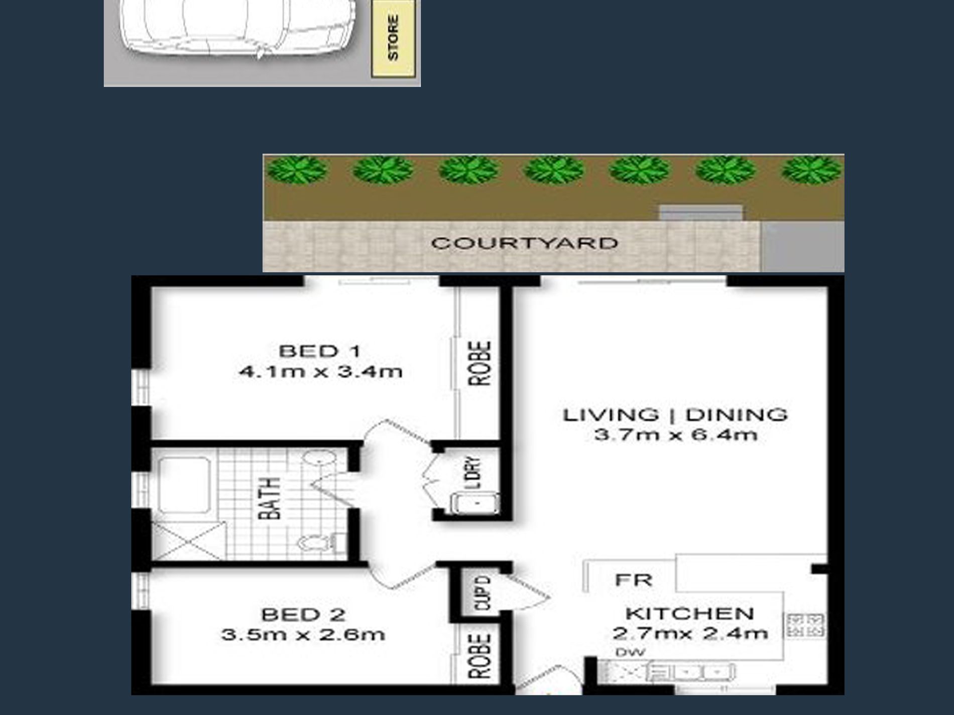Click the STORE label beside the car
(x=393, y=38)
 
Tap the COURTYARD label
(x=524, y=243)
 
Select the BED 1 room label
(x=320, y=351)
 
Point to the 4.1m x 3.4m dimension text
(x=320, y=372)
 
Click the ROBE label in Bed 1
(x=480, y=363)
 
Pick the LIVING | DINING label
(x=675, y=415)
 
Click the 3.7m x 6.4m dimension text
(x=676, y=435)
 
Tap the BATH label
(x=269, y=498)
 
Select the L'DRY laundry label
(x=473, y=472)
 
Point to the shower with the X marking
(x=189, y=541)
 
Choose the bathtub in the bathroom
(x=184, y=485)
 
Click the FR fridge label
(x=634, y=580)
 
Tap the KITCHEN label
(x=689, y=613)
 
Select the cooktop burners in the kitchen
(x=805, y=625)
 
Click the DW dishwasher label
(x=630, y=652)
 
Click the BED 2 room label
(x=303, y=614)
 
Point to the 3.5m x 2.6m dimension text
(x=303, y=635)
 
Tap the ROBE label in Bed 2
(x=480, y=656)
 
